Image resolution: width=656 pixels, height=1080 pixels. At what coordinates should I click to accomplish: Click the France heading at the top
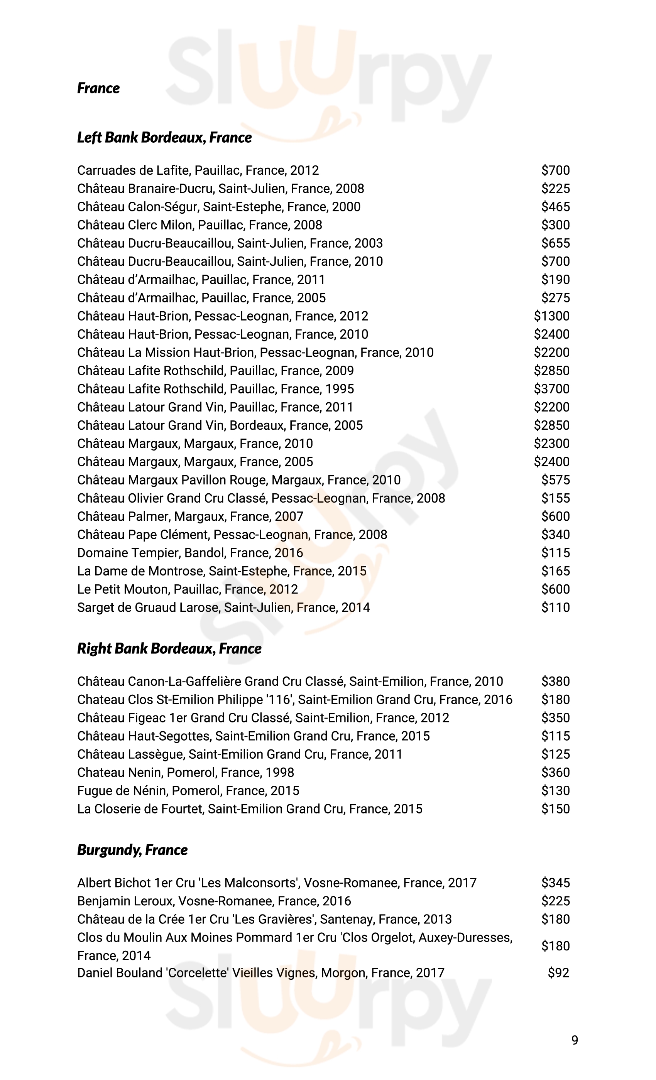click(x=98, y=88)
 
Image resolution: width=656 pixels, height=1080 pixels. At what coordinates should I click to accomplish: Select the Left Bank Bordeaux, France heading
click(x=164, y=138)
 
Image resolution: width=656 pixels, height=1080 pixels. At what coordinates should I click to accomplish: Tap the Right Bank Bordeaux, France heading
click(x=169, y=649)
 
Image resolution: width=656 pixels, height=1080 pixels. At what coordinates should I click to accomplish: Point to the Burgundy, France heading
click(x=132, y=850)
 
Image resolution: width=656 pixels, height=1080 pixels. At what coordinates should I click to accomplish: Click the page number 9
click(x=575, y=1039)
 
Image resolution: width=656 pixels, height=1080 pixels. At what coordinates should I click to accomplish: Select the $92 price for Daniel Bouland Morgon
click(x=558, y=973)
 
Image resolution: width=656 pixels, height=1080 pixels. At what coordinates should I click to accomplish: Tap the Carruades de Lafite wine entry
click(x=198, y=170)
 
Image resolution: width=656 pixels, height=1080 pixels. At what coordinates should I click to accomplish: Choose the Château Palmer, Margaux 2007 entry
click(x=190, y=516)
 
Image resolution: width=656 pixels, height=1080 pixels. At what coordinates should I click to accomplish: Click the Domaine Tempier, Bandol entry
click(x=190, y=553)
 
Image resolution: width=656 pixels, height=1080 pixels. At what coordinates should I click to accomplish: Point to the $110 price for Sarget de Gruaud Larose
click(x=555, y=607)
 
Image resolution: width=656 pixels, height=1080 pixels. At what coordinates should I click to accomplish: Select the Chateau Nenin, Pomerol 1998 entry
click(x=186, y=772)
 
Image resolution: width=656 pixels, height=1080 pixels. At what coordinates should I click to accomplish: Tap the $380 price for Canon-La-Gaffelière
click(x=555, y=681)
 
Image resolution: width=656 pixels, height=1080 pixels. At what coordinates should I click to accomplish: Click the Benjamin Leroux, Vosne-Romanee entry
click(x=214, y=901)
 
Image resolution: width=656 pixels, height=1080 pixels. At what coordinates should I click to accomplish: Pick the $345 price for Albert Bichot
click(x=555, y=883)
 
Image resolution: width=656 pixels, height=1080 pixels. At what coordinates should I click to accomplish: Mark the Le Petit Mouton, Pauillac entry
click(x=187, y=589)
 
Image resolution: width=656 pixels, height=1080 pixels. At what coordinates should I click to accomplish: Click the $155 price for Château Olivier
click(x=555, y=498)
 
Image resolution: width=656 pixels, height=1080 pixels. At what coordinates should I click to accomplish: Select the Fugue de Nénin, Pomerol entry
click(x=188, y=790)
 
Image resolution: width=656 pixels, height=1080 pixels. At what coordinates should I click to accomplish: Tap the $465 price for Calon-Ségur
click(x=555, y=206)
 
